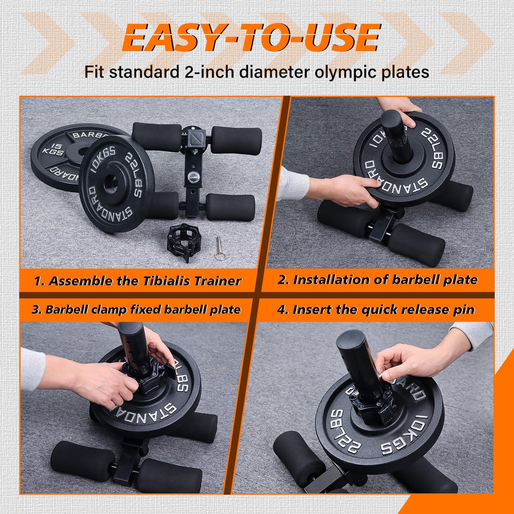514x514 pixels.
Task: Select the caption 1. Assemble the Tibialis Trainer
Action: (x=138, y=281)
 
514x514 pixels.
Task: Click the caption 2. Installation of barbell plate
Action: (x=377, y=280)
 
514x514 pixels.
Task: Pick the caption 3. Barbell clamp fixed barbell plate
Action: (x=136, y=309)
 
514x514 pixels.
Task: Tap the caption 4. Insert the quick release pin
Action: (x=376, y=310)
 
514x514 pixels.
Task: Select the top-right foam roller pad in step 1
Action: (x=237, y=140)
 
